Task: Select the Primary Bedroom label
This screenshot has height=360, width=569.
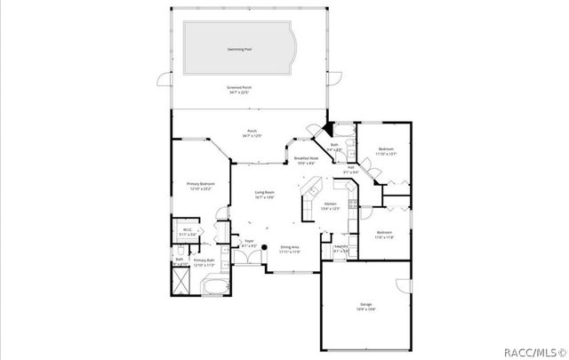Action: pos(200,187)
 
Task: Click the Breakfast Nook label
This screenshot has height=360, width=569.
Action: pos(307,161)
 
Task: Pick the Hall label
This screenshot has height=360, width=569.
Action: pos(350,170)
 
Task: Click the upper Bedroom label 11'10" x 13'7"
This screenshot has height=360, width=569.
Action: pos(386,151)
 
